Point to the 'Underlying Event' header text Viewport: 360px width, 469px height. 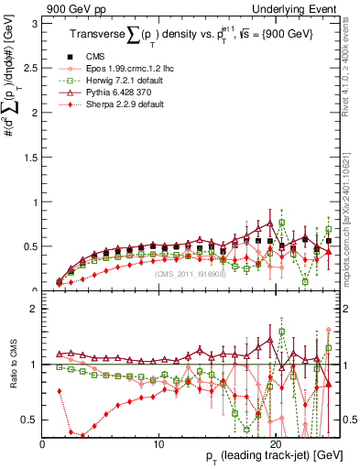(x=295, y=8)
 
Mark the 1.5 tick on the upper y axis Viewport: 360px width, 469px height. (x=29, y=156)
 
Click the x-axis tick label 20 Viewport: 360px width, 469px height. (x=277, y=443)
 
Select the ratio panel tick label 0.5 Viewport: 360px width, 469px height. (x=29, y=420)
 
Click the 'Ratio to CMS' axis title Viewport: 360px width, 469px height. (x=11, y=364)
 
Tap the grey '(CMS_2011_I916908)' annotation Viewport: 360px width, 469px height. (x=191, y=274)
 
